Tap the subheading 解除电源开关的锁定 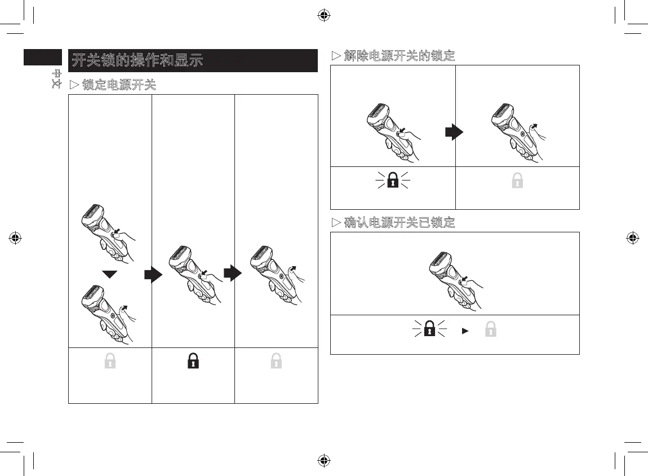click(x=393, y=56)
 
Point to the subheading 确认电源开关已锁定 click(x=393, y=222)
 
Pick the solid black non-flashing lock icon click(x=193, y=362)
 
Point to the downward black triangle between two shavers click(x=110, y=274)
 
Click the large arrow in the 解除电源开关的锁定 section click(x=454, y=133)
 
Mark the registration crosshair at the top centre click(x=323, y=15)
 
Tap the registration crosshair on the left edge click(x=15, y=237)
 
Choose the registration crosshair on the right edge click(x=632, y=237)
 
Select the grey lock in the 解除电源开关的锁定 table click(x=517, y=180)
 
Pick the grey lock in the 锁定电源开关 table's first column click(x=110, y=362)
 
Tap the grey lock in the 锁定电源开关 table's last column click(x=276, y=362)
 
